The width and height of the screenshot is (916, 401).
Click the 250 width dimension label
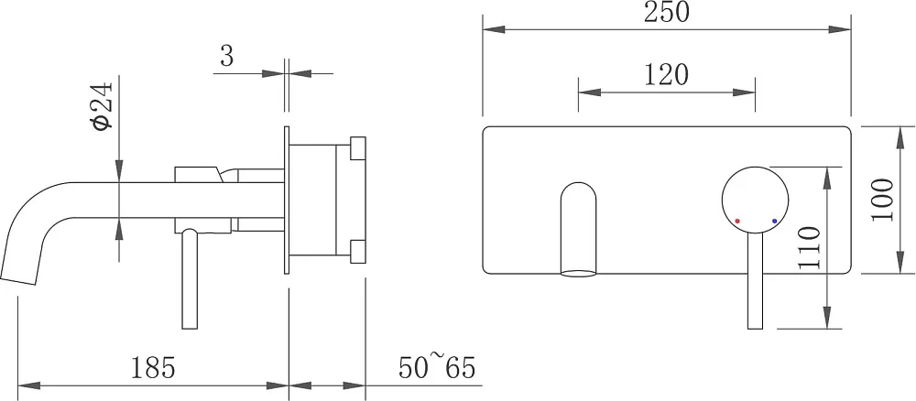click(x=667, y=12)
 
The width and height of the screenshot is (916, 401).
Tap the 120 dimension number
click(x=667, y=75)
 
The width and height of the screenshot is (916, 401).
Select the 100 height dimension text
click(x=883, y=200)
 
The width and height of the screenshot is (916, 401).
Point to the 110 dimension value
click(x=809, y=247)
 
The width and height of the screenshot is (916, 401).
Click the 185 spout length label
click(x=152, y=368)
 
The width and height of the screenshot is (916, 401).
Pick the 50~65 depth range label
click(x=437, y=367)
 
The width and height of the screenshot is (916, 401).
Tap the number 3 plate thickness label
click(x=226, y=57)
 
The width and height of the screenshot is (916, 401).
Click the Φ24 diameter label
click(x=104, y=106)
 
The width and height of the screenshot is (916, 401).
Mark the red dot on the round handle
click(x=737, y=222)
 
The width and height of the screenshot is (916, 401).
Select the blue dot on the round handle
click(x=775, y=222)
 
